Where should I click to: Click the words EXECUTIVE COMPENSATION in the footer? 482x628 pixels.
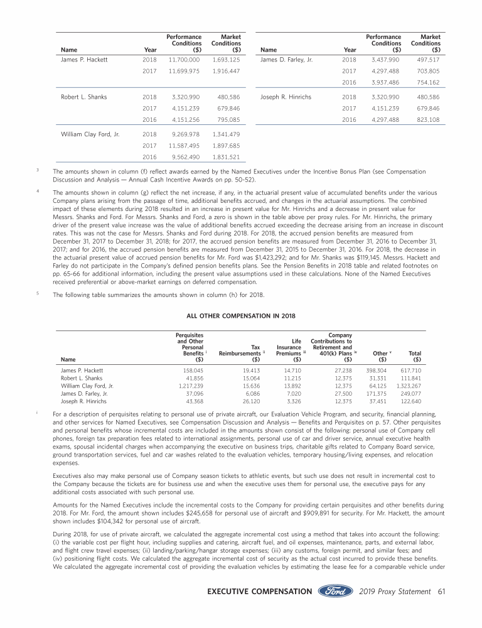[263, 592]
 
